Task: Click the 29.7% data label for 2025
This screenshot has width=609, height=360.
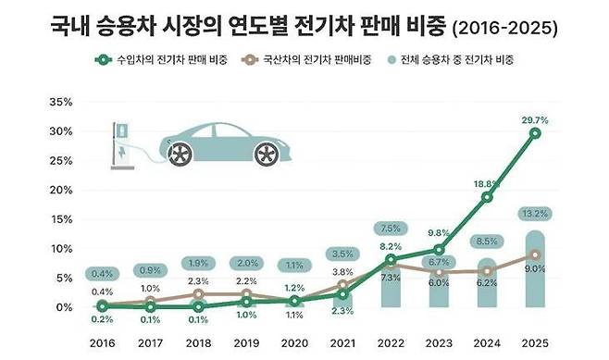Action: tap(536, 119)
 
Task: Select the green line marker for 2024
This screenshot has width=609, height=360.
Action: tap(487, 197)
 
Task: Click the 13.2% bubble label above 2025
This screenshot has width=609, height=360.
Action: tap(536, 214)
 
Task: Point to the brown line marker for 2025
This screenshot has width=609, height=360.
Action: tap(535, 254)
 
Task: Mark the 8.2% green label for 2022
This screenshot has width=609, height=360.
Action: tap(391, 246)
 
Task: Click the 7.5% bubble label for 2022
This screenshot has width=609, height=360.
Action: tap(391, 229)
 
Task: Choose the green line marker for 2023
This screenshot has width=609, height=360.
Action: tap(439, 250)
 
